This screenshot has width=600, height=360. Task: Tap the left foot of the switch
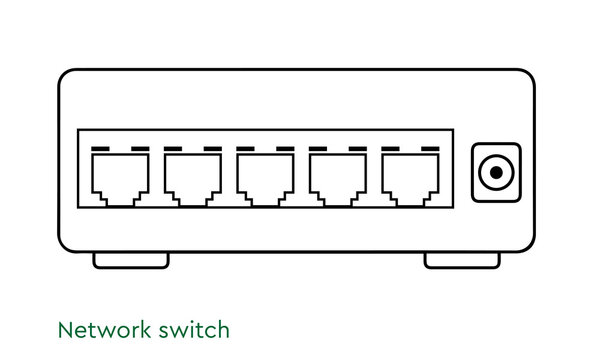point(131,260)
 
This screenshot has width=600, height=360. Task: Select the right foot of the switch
point(462,260)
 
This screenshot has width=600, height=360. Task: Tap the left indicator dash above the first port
point(99,149)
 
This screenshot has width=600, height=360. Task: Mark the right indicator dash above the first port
point(140,149)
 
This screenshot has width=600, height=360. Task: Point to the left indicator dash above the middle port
point(244,149)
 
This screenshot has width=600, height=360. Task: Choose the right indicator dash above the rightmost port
point(430,149)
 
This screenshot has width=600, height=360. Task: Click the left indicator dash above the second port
point(172,149)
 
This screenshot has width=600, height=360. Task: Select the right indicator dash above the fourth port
point(358,149)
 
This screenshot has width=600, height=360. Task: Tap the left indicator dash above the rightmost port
point(389,149)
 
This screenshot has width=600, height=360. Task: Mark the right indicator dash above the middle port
point(285,149)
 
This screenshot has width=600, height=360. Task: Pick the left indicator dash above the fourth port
point(317,149)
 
